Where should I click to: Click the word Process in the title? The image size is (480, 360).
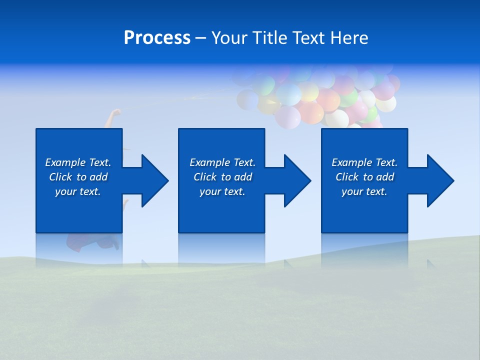click(x=157, y=38)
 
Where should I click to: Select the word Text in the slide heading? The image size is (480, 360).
click(x=307, y=38)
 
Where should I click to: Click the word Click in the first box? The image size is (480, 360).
click(x=60, y=177)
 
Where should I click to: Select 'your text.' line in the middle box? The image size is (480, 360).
click(x=222, y=191)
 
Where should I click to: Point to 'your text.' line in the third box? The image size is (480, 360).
click(x=364, y=191)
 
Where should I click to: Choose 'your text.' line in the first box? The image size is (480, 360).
click(x=78, y=191)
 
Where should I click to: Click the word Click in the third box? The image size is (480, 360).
click(x=347, y=177)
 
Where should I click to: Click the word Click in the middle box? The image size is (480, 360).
click(x=205, y=177)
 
